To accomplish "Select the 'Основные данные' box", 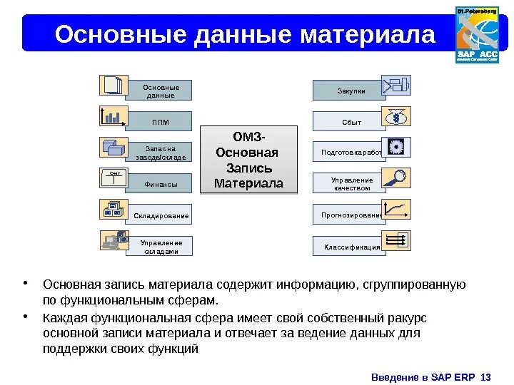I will (160, 91).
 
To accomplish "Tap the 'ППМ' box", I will (160, 121).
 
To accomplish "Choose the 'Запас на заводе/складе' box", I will (160, 152).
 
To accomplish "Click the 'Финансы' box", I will (160, 184).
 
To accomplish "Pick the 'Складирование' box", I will (160, 215).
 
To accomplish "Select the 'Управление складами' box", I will (160, 246).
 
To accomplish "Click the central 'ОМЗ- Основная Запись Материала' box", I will (248, 160).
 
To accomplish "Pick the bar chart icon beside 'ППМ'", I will (113, 116).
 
